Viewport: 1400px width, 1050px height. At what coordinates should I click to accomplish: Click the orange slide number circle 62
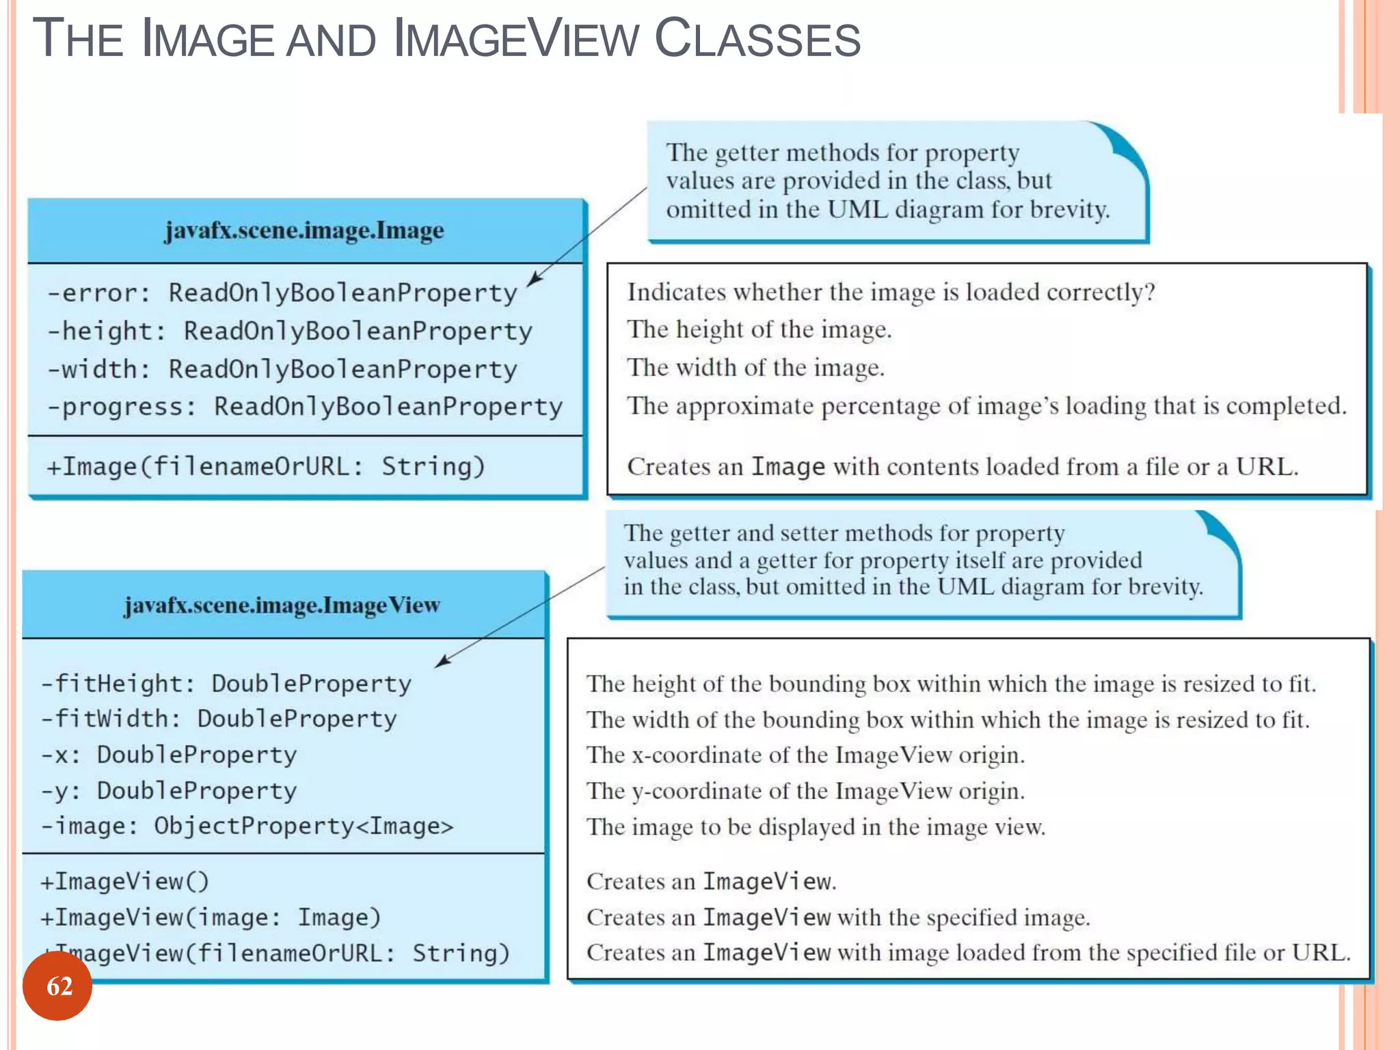click(x=57, y=986)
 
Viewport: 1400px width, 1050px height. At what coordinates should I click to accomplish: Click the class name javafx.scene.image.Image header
click(x=304, y=230)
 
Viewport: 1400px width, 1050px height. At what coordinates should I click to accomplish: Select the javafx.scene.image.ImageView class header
click(x=282, y=605)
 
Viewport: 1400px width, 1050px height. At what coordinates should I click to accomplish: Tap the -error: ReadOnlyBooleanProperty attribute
click(x=282, y=293)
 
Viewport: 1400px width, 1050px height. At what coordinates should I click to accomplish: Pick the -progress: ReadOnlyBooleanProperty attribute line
click(x=304, y=407)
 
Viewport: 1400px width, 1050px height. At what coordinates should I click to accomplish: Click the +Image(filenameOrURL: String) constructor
click(x=265, y=466)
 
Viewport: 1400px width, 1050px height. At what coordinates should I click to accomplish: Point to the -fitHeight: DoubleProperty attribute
click(x=226, y=684)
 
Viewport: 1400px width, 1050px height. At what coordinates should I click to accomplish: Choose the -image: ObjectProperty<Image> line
click(x=247, y=826)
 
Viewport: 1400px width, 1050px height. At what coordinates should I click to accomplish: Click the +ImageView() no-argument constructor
click(x=124, y=881)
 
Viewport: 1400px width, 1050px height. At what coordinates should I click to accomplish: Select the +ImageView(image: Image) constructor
click(x=210, y=917)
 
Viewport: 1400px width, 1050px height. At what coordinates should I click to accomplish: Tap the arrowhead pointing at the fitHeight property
click(x=442, y=661)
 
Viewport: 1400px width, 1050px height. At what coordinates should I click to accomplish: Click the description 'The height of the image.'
click(x=759, y=329)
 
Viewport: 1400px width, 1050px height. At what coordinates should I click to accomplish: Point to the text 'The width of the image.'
click(x=756, y=368)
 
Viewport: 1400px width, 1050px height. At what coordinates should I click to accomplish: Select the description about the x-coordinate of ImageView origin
click(x=805, y=755)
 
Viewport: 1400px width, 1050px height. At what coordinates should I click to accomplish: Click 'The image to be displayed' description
click(x=816, y=827)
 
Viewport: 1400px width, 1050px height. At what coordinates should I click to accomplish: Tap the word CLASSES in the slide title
click(x=757, y=39)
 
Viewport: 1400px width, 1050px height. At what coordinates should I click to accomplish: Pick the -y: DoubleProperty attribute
click(x=168, y=791)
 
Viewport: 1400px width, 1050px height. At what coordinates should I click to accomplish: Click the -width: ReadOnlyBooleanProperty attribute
click(x=282, y=369)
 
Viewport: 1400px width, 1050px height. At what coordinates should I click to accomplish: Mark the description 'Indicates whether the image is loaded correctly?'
click(x=891, y=293)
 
